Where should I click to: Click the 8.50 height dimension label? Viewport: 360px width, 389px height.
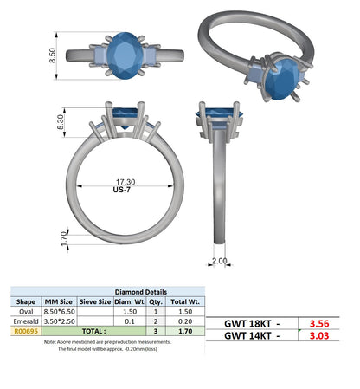click(x=53, y=55)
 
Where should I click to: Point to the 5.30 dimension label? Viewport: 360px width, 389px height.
click(x=61, y=122)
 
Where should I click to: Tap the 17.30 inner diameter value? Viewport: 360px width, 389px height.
click(x=125, y=182)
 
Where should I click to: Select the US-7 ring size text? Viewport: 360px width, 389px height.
click(x=122, y=190)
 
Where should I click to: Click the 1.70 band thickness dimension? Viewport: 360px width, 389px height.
click(x=64, y=239)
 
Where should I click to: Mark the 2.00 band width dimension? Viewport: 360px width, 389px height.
click(x=220, y=261)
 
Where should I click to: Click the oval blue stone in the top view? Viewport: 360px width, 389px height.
click(x=125, y=55)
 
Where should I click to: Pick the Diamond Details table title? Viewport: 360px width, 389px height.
click(x=141, y=292)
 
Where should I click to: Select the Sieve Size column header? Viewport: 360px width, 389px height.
click(x=95, y=301)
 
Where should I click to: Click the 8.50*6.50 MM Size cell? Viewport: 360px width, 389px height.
click(x=60, y=312)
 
